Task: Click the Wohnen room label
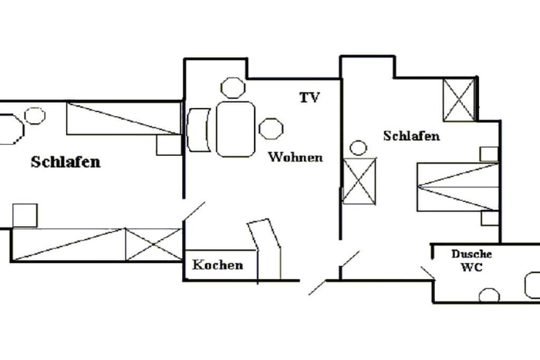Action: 295,157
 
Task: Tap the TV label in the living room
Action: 310,98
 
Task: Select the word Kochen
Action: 218,265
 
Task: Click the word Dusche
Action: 471,254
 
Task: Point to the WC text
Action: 471,267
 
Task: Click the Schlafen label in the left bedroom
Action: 65,162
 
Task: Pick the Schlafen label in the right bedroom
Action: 411,136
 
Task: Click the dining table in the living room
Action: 236,129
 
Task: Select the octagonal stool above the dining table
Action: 233,88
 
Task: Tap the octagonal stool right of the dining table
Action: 271,129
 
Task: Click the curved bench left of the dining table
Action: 198,130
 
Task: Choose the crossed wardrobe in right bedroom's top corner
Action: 459,100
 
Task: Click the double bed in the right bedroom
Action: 458,187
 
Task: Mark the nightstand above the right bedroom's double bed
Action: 489,154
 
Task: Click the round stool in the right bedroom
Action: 358,148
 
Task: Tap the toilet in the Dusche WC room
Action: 489,295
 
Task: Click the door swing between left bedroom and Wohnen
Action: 194,211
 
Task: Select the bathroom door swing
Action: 428,273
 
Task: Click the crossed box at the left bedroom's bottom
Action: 153,245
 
